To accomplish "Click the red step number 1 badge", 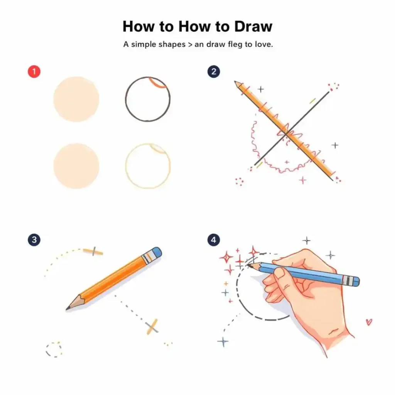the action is point(34,71).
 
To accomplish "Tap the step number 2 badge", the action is point(214,71).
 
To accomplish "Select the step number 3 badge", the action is point(34,240).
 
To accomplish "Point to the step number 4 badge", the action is point(214,240).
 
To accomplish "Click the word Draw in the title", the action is point(253,27).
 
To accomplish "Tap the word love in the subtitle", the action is point(263,44).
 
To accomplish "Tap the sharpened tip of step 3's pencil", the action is point(67,308).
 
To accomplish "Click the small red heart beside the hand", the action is point(369,322).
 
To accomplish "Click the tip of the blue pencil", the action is point(249,265).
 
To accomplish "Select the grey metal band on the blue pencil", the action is point(347,280).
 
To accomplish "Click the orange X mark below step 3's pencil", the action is point(152,327).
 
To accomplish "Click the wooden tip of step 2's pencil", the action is point(237,84).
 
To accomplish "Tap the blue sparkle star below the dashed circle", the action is point(223,342).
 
